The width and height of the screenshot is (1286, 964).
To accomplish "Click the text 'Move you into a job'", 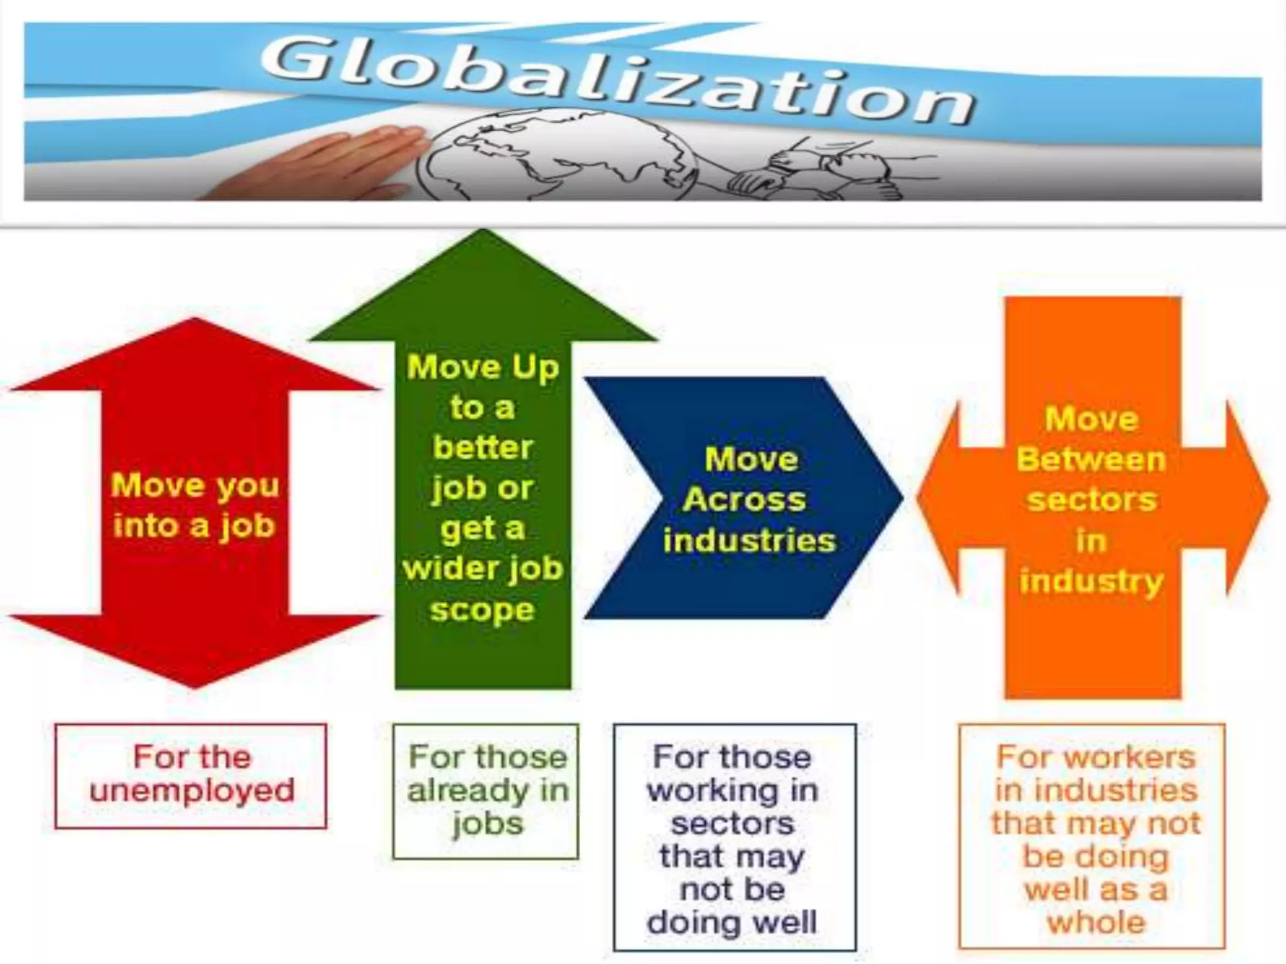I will [x=195, y=505].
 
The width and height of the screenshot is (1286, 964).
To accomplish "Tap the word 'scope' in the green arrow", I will [x=482, y=609].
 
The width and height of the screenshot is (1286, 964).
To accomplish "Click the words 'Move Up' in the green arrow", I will [x=482, y=367].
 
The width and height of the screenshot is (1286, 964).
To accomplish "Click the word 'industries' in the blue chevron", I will [x=750, y=540].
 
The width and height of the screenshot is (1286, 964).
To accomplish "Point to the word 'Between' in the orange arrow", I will [x=1091, y=459].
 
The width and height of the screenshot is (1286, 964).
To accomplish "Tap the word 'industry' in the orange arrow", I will [x=1091, y=581].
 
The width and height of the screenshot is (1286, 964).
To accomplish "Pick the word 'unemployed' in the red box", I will [x=192, y=790].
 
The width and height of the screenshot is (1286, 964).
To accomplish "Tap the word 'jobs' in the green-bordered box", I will [x=487, y=823].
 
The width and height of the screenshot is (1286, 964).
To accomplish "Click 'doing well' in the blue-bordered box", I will [x=732, y=923].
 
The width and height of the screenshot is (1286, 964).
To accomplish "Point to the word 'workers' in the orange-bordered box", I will [x=1130, y=757].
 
